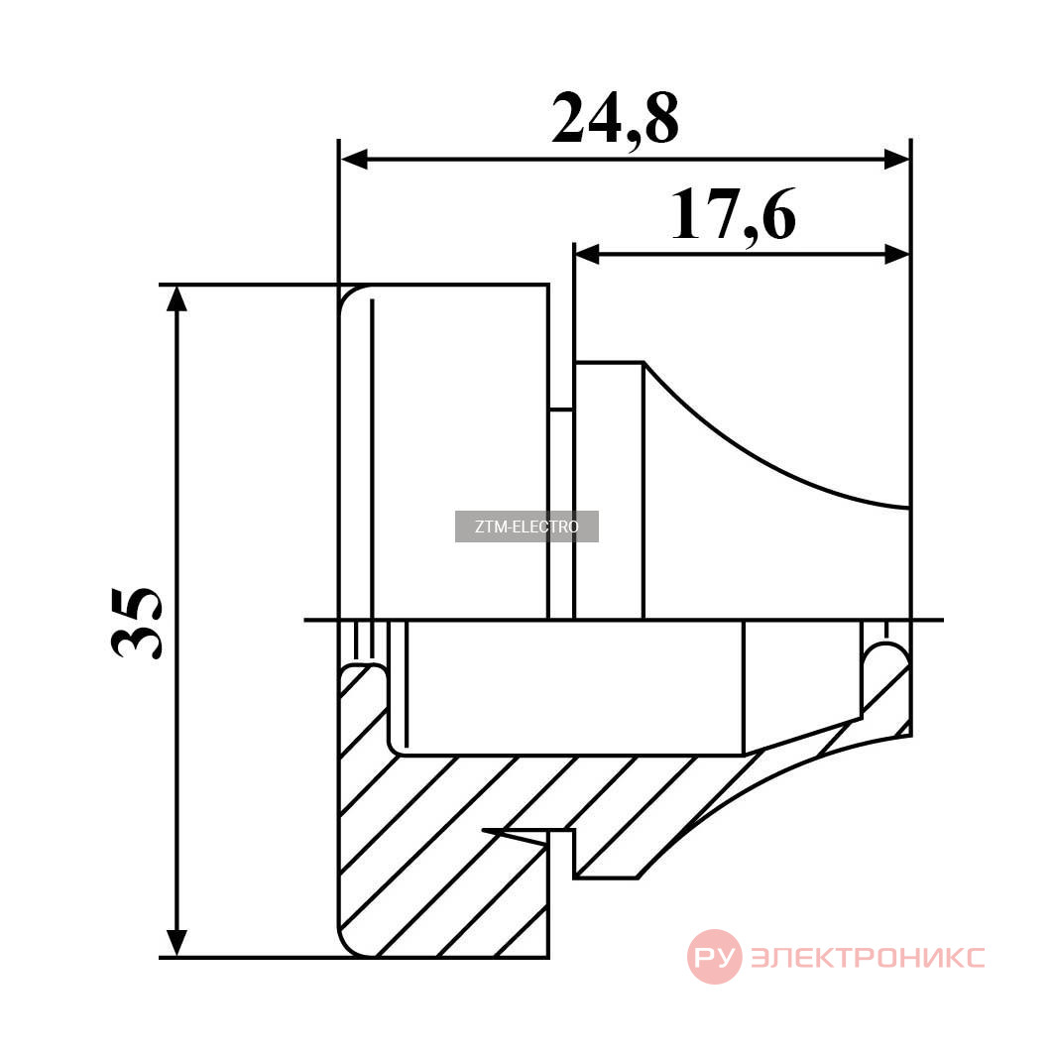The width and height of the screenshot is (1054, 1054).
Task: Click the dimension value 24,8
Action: (x=615, y=120)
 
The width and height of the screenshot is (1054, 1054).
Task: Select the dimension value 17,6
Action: (x=734, y=214)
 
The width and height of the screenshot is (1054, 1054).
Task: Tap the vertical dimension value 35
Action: (x=136, y=623)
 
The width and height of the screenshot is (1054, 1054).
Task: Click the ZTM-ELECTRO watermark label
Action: (x=527, y=527)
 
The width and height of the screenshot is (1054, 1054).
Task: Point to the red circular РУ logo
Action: (x=715, y=957)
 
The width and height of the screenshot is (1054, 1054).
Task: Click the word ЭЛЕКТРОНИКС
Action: (x=868, y=957)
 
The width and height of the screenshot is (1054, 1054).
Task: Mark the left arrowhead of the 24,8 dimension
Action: (x=354, y=160)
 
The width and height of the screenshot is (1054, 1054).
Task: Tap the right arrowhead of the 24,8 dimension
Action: (x=896, y=160)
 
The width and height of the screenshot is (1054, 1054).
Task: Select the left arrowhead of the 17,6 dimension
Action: (x=588, y=254)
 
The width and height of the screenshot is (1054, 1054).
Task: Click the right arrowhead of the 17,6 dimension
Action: (x=896, y=254)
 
